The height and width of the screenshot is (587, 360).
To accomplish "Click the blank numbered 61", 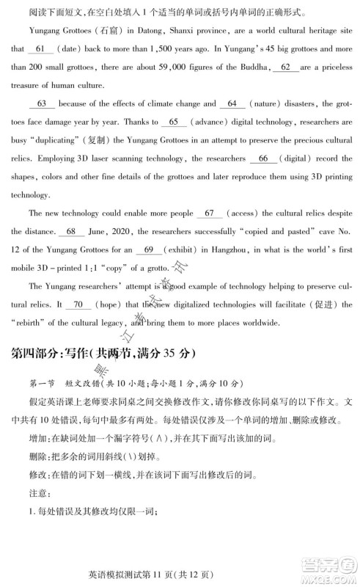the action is [x=40, y=48].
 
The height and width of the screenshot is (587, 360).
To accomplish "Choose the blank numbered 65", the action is [x=173, y=121].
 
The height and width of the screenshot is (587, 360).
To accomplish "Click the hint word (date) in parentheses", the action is [x=73, y=48].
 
